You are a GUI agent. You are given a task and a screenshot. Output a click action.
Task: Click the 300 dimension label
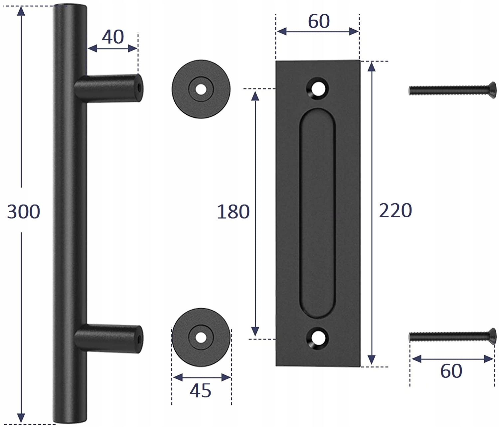pos(23,212)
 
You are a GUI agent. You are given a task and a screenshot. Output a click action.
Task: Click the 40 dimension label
pos(113,37)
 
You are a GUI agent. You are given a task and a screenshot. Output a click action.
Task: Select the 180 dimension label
pos(233,212)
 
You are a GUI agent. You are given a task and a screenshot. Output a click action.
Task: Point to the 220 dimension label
pos(395,211)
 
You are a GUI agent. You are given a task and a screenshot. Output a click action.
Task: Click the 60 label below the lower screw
pos(451,371)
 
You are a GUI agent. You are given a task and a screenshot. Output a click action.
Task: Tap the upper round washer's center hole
pos(201,89)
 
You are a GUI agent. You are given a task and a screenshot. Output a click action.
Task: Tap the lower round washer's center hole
pos(201,337)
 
